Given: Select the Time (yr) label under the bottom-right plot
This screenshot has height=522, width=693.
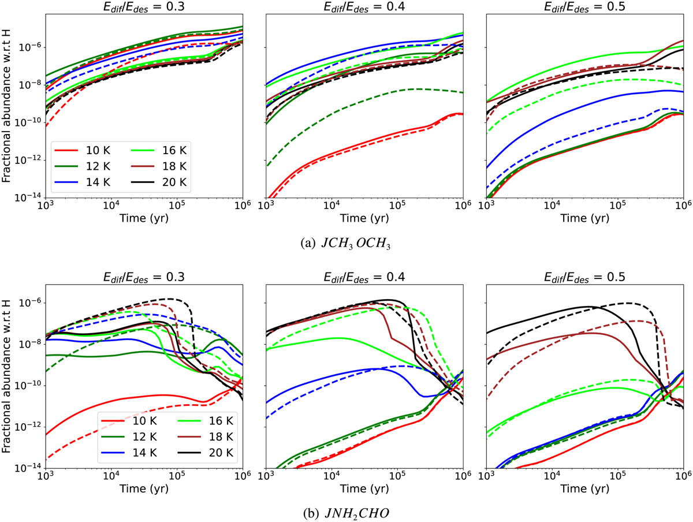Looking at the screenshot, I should click(585, 491).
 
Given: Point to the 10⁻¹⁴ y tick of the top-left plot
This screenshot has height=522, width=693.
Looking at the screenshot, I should click(29, 197).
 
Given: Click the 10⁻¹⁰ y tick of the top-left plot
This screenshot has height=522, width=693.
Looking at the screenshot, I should click(29, 122).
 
